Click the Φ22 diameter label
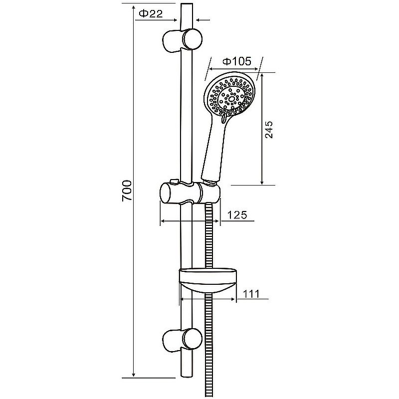coord(151,13)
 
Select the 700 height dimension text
coord(127,191)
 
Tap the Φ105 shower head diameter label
coord(237,61)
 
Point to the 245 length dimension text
coord(269,130)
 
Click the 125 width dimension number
coord(237,215)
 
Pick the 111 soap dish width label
coord(251,294)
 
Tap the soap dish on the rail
coord(208,280)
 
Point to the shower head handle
coord(213,153)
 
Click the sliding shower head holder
coord(190,194)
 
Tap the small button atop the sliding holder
coord(174,181)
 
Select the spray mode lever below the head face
coord(223,118)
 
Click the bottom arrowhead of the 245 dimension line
coord(262,182)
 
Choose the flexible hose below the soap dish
coord(208,345)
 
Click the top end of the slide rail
coord(187,4)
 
